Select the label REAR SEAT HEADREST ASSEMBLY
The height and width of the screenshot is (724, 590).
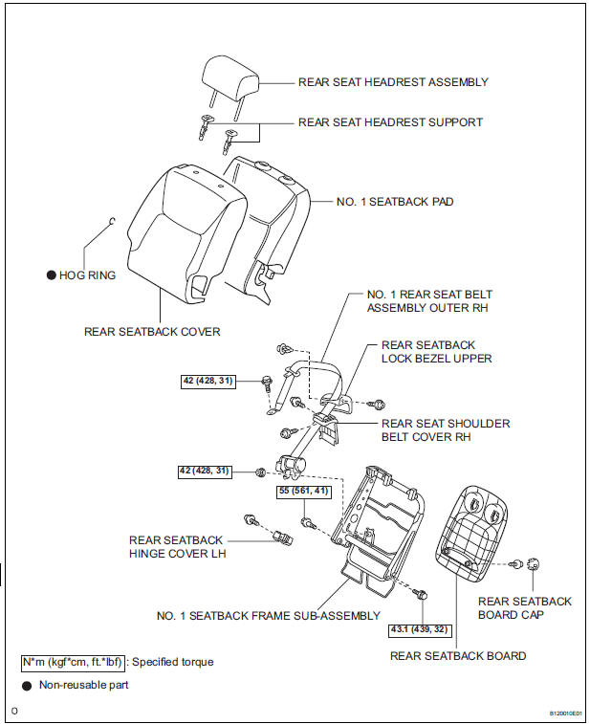(x=393, y=82)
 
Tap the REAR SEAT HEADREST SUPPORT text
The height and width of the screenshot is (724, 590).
(x=390, y=122)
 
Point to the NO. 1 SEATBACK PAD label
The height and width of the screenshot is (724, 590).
(x=395, y=203)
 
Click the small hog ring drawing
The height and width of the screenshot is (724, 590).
(x=113, y=223)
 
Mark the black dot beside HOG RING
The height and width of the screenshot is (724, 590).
(x=51, y=275)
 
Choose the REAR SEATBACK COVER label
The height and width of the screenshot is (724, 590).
(x=152, y=332)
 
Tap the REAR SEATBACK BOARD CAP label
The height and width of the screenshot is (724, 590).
(x=525, y=607)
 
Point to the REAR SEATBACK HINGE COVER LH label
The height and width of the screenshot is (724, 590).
(x=176, y=547)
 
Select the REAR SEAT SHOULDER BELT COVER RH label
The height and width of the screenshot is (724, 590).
(x=446, y=430)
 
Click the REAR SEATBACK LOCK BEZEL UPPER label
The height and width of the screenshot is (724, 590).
(x=436, y=351)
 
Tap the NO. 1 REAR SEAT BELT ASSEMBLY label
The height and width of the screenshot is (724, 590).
(x=429, y=302)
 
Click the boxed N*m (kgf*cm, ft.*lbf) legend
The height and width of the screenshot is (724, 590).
(x=73, y=662)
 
